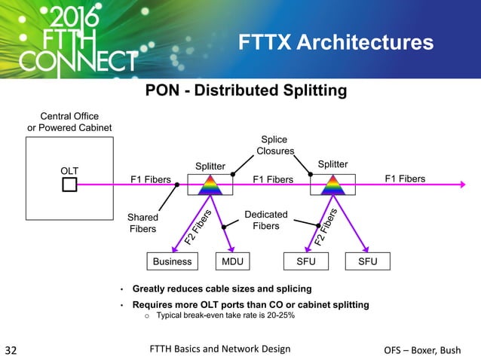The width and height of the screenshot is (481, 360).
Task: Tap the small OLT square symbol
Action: point(69,185)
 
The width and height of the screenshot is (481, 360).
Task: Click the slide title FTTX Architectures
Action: point(335,43)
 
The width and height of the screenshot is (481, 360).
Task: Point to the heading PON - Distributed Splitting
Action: point(246,91)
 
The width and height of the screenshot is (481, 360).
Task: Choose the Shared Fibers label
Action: point(142,223)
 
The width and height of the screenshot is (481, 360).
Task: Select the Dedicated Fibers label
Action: point(265,221)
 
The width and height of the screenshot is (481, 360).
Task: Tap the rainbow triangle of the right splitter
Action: point(332,185)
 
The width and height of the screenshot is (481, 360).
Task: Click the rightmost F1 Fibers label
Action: point(405,178)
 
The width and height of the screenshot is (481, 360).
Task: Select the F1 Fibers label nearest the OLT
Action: point(151,179)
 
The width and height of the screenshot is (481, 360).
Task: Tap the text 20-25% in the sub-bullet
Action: point(279,316)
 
